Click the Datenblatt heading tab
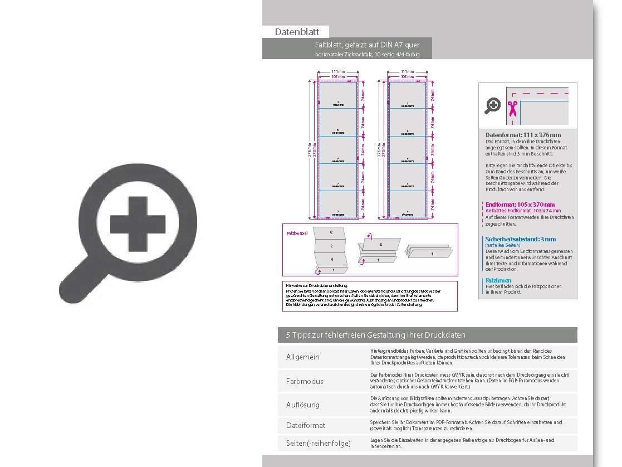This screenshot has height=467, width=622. (x=296, y=32)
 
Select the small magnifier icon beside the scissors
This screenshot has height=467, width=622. (x=493, y=105)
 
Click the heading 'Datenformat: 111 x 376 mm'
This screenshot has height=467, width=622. (x=523, y=135)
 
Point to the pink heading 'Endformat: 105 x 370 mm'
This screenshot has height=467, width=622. (x=520, y=205)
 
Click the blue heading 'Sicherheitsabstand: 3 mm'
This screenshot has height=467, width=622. (x=520, y=239)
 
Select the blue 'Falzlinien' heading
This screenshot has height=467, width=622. (x=498, y=280)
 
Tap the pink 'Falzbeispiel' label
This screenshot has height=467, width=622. (x=297, y=233)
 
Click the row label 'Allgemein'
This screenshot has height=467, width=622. (x=303, y=357)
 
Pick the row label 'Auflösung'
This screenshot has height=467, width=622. (x=303, y=405)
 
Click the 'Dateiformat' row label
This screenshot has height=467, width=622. (x=306, y=425)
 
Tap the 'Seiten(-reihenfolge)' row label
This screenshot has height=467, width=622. (x=319, y=444)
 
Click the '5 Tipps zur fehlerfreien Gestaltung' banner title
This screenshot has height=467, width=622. (x=375, y=335)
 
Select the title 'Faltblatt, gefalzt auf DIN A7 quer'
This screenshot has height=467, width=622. (x=367, y=45)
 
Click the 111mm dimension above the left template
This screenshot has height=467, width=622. (x=337, y=72)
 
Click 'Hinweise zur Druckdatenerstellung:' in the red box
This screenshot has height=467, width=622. (x=315, y=285)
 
